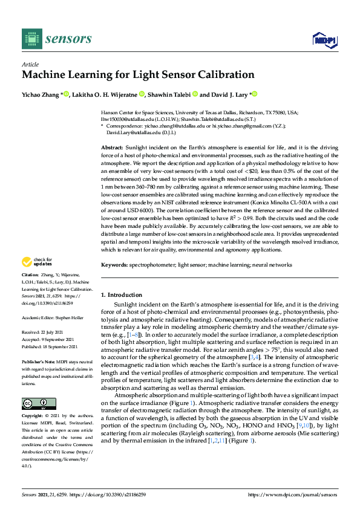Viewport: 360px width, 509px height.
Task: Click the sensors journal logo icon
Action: point(31,39)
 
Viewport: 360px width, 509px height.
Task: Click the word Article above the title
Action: point(30,64)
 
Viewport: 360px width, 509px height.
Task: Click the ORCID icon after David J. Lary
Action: point(255,94)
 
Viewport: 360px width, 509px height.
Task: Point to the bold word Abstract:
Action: point(113,147)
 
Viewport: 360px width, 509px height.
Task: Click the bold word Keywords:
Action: point(114,265)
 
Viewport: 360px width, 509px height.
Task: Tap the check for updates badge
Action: point(36,279)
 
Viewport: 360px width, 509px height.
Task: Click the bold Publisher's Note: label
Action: point(39,361)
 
